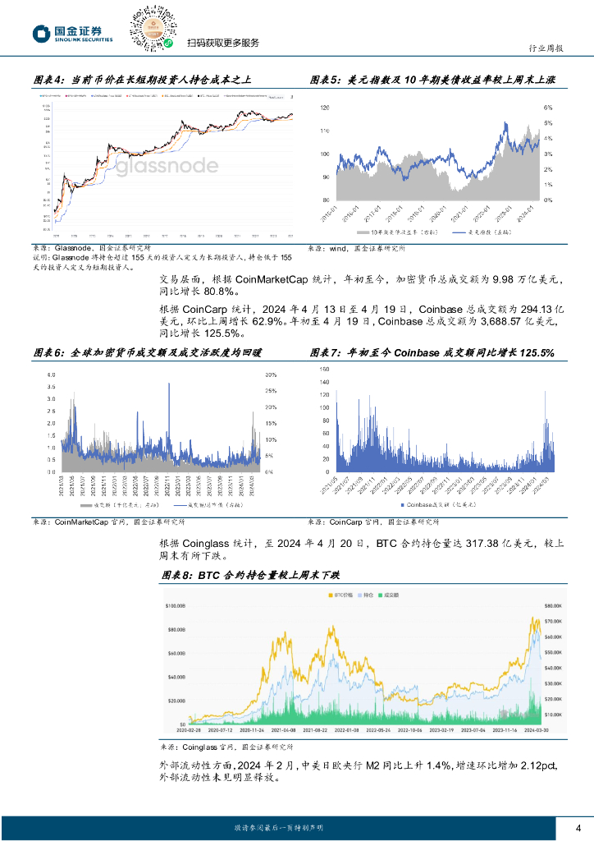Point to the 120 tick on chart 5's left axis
point(324,108)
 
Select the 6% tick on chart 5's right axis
point(548,108)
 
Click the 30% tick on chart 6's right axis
point(270,375)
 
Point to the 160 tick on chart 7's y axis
point(322,370)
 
